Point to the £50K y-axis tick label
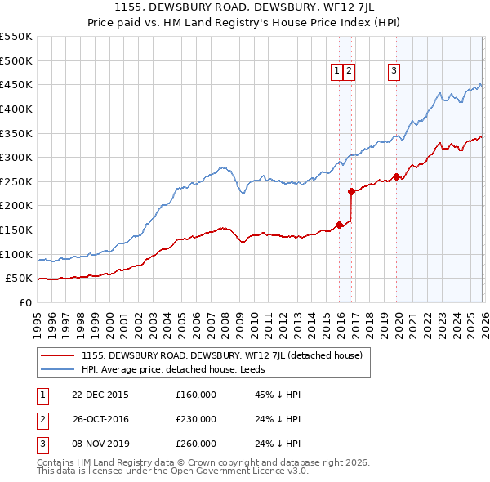click(x=20, y=279)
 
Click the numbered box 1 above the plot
click(x=336, y=72)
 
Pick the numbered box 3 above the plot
click(x=394, y=72)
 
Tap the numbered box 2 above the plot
click(x=349, y=72)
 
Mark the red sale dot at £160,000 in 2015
click(x=340, y=225)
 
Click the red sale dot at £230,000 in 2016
click(x=352, y=192)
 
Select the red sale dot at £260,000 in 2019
click(x=396, y=176)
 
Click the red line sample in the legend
click(x=57, y=355)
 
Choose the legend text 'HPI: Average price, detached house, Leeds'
click(x=179, y=370)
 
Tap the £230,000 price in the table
click(x=196, y=419)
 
